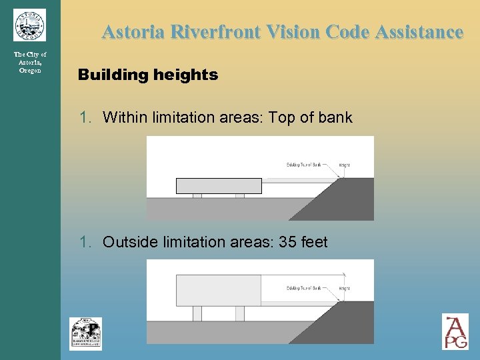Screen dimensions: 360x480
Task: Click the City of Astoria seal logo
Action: (x=29, y=25)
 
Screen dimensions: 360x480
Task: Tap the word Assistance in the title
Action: (x=418, y=32)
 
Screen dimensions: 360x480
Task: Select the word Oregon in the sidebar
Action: (x=30, y=71)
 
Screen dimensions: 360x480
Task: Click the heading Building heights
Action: (x=148, y=75)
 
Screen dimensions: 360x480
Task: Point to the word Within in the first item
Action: (x=125, y=118)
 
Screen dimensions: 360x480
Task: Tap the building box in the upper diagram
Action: (x=219, y=186)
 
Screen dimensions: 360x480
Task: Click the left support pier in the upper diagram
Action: (x=197, y=196)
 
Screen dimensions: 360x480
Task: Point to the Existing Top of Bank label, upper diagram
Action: (x=304, y=165)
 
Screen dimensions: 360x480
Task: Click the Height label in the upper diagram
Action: (x=344, y=165)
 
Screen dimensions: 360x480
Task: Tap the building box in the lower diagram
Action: (x=218, y=290)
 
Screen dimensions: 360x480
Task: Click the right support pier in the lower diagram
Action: (x=240, y=313)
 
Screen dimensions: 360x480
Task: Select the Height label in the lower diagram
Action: (x=344, y=288)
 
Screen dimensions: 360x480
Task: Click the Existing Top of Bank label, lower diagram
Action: (x=304, y=288)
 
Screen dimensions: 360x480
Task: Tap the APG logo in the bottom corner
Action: (x=455, y=331)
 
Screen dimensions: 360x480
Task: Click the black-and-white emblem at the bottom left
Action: (x=85, y=333)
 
